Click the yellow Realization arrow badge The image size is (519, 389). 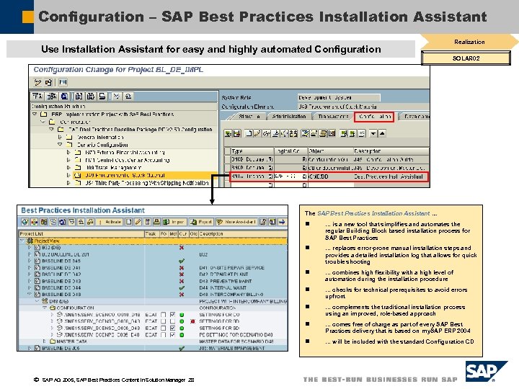469,42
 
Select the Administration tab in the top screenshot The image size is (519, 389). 288,116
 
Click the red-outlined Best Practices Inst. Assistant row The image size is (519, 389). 328,176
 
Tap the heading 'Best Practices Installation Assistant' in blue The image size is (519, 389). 83,210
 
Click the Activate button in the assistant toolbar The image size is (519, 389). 112,222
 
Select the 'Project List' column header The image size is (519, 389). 32,233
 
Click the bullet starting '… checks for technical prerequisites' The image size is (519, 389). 396,292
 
